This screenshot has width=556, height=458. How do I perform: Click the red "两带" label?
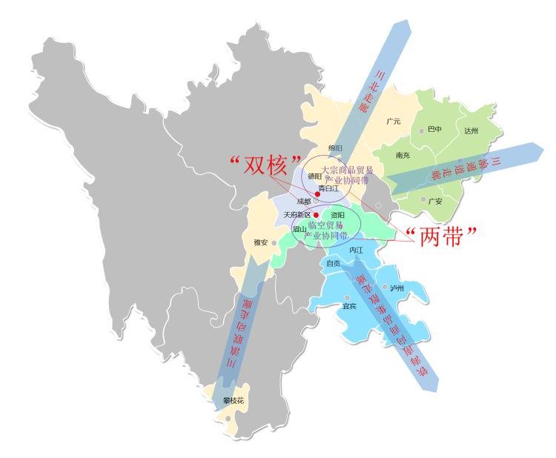442,235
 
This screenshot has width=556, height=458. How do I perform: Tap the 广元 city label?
394,121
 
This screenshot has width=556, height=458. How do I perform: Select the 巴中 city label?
434,130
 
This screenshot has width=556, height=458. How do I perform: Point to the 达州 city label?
471,130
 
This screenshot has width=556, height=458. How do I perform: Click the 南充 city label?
403,156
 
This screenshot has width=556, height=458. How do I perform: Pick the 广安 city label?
435,200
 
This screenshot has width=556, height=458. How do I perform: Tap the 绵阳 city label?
336,148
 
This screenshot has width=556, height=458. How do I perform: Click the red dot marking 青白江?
317,194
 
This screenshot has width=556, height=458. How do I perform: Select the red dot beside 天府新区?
316,215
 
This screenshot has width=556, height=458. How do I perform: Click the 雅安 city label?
260,242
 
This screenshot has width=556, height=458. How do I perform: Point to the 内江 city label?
357,250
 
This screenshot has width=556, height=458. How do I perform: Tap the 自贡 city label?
334,263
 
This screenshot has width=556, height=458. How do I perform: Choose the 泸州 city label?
397,288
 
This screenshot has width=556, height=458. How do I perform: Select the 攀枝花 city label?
233,401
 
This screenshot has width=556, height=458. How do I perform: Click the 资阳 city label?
337,215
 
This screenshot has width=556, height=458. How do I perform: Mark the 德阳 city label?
314,176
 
